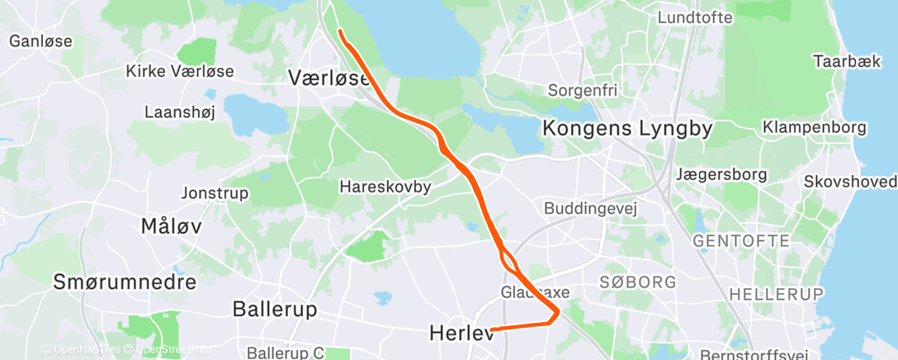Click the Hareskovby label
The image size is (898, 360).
pos(385,187)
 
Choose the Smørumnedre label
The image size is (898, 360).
pos(125,282)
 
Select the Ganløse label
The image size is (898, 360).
pos(40,40)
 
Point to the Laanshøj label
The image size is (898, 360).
pos(179,111)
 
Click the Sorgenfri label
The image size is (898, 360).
pos(583,89)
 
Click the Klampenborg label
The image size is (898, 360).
pos(814,128)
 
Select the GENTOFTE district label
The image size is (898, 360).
pos(741,241)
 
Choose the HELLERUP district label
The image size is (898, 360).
pos(777,294)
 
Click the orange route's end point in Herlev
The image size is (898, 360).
pos(492,330)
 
